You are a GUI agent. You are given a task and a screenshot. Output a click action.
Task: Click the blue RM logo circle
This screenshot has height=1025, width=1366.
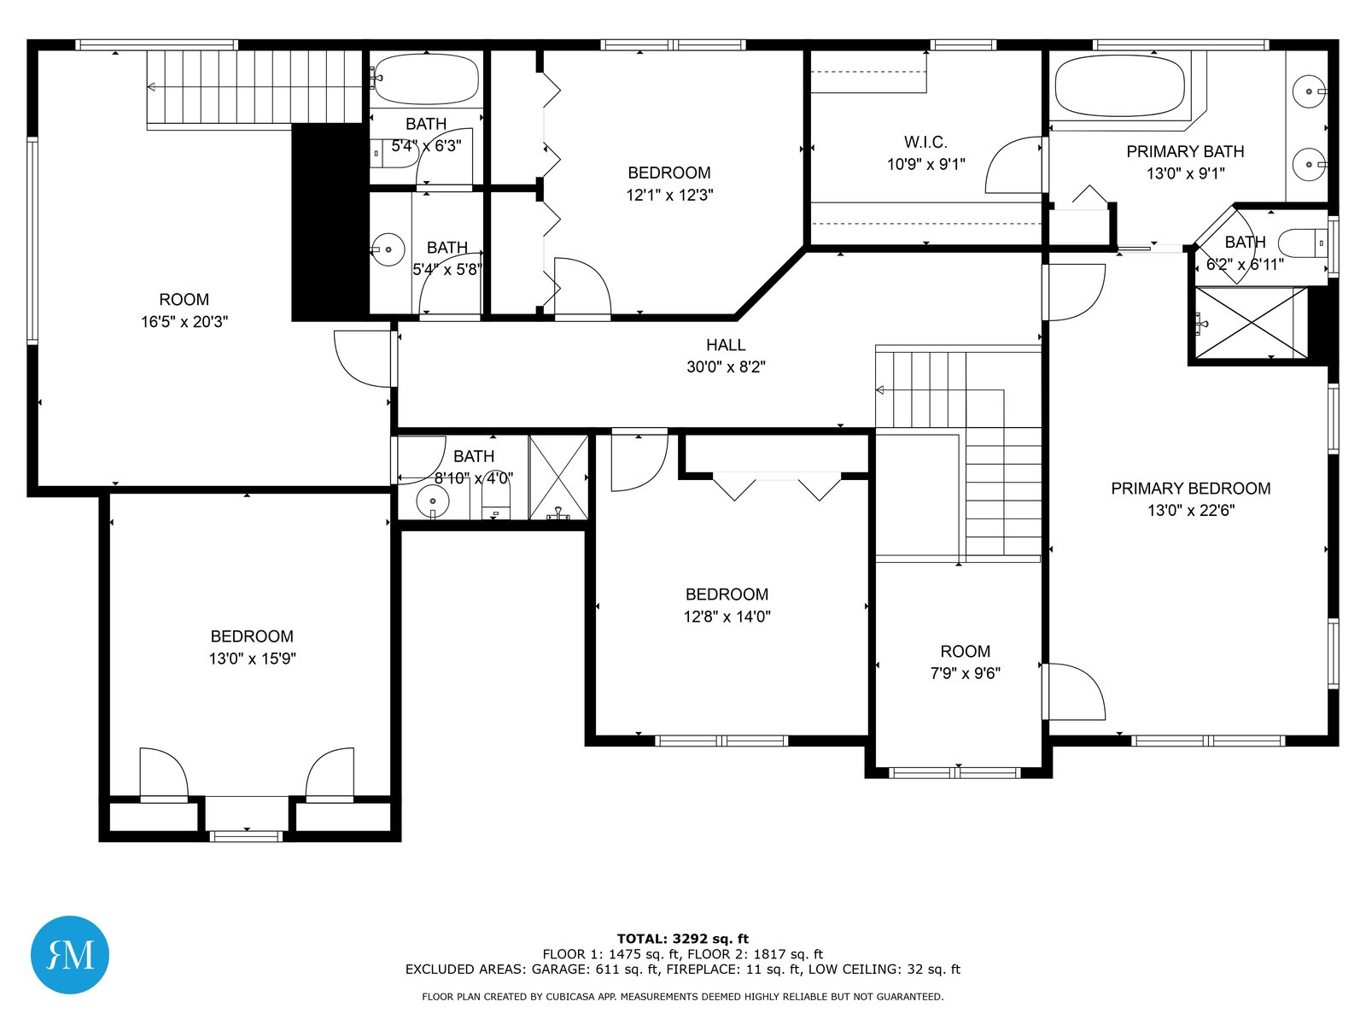pos(70,955)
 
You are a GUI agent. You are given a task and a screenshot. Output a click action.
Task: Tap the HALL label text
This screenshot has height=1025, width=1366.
pos(726,345)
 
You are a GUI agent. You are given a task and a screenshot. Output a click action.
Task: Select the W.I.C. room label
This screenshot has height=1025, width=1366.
pos(925,143)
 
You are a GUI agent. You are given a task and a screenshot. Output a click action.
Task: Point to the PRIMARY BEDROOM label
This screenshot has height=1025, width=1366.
pos(1190,489)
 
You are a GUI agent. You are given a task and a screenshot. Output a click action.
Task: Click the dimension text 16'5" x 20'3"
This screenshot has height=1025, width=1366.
pos(184,322)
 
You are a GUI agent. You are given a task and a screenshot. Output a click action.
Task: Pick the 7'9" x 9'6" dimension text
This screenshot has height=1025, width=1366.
pos(966,673)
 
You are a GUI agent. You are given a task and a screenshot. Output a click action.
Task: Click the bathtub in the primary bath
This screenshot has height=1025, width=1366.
pos(1119,86)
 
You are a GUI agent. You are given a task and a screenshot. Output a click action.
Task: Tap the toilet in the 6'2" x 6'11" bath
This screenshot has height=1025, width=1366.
pos(1303,243)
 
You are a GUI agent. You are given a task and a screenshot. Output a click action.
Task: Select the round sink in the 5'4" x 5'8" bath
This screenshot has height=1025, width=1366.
pos(388,249)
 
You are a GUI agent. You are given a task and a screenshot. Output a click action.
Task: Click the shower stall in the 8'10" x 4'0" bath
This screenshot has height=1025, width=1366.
pos(558,477)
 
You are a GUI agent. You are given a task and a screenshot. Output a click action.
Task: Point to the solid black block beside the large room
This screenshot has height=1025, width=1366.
pos(330,221)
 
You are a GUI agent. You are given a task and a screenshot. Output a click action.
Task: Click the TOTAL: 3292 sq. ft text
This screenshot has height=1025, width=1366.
pos(683,939)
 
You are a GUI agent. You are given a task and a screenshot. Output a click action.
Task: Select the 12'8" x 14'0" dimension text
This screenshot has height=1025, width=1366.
pos(727,617)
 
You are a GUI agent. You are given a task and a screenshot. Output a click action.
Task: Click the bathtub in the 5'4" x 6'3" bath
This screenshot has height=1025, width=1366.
pos(426,79)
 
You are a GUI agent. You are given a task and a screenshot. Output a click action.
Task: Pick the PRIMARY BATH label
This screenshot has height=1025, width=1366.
pos(1185,152)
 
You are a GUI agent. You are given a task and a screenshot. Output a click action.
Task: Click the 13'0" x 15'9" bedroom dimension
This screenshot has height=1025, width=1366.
pos(252,659)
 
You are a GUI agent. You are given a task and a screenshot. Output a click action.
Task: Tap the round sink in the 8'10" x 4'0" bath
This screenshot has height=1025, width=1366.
pos(433,501)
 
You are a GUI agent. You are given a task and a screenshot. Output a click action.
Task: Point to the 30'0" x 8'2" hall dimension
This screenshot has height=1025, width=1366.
pos(726,367)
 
